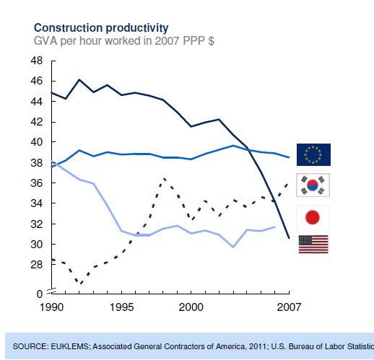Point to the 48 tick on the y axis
tap(36, 61)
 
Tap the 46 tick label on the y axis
tap(36, 81)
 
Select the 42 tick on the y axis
tap(36, 122)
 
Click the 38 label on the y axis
tap(36, 163)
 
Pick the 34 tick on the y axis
tap(36, 203)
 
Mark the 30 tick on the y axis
tap(36, 245)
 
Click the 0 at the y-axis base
tap(40, 294)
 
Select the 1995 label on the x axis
tap(123, 307)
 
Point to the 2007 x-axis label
tap(288, 307)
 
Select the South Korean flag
tap(313, 185)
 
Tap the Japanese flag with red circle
tap(313, 216)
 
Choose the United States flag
tap(313, 245)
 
